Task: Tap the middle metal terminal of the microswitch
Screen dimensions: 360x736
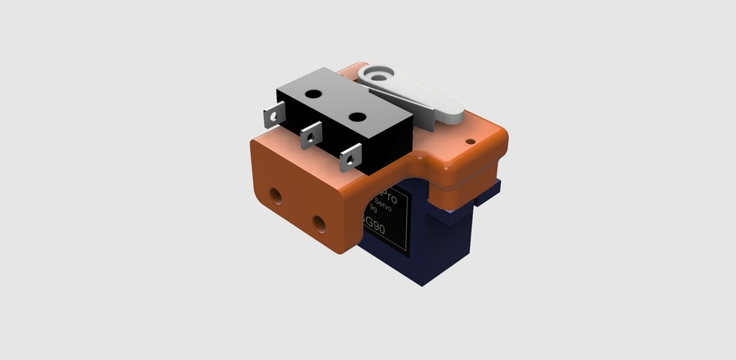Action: click(x=310, y=134)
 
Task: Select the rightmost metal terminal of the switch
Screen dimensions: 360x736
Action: click(x=350, y=156)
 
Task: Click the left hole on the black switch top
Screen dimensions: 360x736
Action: click(x=313, y=93)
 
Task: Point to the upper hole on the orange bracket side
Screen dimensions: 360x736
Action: click(x=275, y=194)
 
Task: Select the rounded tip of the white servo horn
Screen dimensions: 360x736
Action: click(x=453, y=114)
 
